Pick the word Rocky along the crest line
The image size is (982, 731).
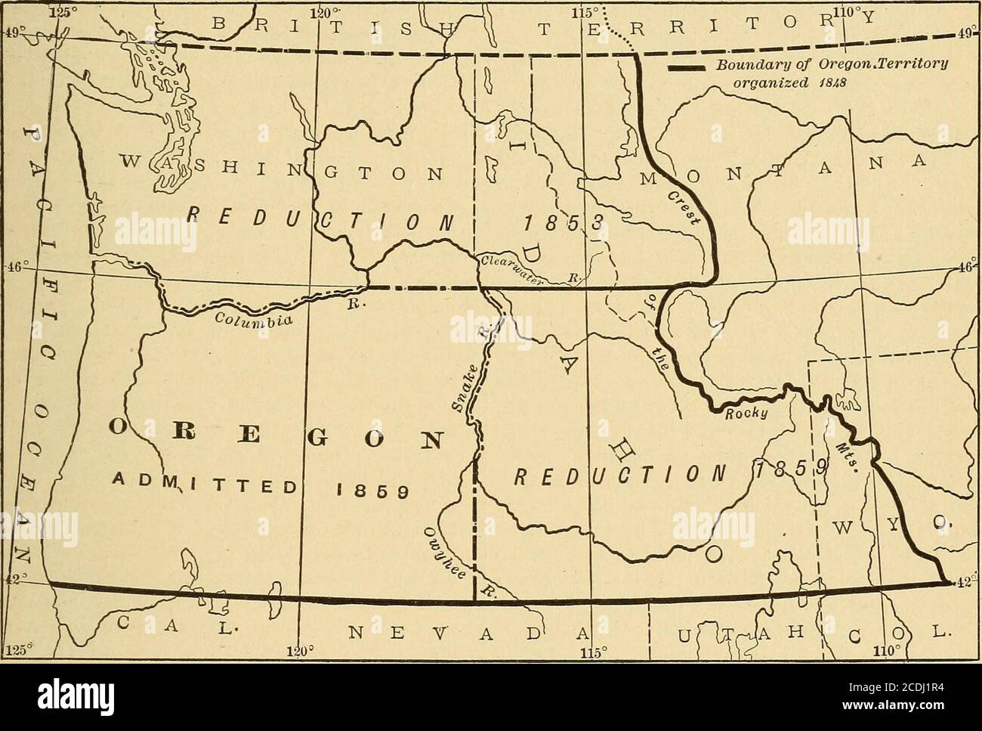[x=746, y=414]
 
